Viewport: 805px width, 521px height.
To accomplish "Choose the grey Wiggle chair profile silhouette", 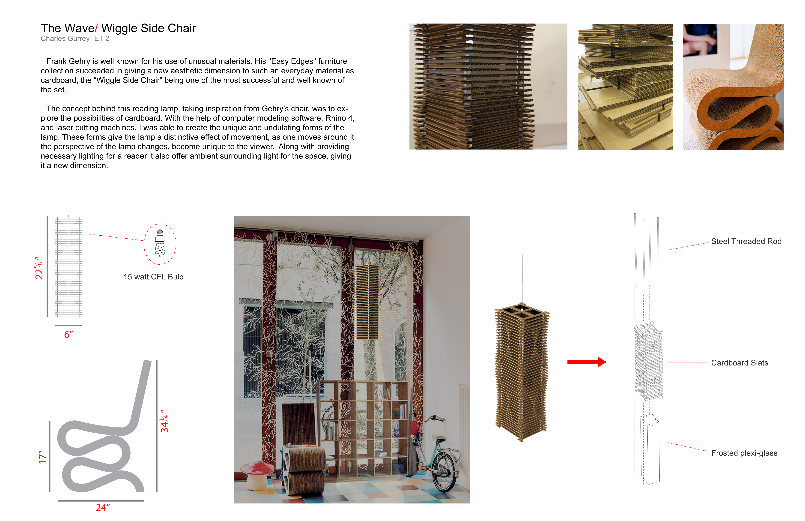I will (101, 440).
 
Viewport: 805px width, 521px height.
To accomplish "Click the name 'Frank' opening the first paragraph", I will (56, 61).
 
